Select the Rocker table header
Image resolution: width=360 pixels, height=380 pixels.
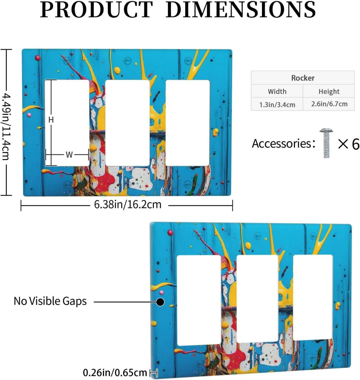pyautogui.click(x=303, y=78)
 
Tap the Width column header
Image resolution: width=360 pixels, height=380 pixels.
pyautogui.click(x=277, y=91)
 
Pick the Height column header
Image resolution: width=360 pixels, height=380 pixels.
pyautogui.click(x=329, y=91)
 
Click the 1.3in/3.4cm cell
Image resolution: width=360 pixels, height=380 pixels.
pyautogui.click(x=277, y=105)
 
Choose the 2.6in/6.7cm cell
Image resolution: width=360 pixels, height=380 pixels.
pyautogui.click(x=329, y=104)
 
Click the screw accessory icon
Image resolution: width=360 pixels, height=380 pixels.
pyautogui.click(x=326, y=143)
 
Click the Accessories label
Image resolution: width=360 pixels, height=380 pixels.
pyautogui.click(x=283, y=144)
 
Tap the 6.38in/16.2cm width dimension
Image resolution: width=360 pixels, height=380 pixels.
pyautogui.click(x=128, y=205)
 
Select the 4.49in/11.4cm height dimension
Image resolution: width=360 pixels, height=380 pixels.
pyautogui.click(x=6, y=127)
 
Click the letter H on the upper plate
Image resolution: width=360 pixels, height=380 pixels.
pyautogui.click(x=51, y=120)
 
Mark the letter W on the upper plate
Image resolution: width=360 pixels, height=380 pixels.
pyautogui.click(x=69, y=154)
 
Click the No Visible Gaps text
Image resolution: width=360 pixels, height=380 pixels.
pyautogui.click(x=50, y=301)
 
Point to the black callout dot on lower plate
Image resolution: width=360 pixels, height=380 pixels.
pyautogui.click(x=160, y=302)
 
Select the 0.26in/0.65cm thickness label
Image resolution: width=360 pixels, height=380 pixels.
pyautogui.click(x=115, y=373)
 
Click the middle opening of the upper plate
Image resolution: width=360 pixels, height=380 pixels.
pyautogui.click(x=128, y=123)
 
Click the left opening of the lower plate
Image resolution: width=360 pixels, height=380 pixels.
pyautogui.click(x=199, y=300)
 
